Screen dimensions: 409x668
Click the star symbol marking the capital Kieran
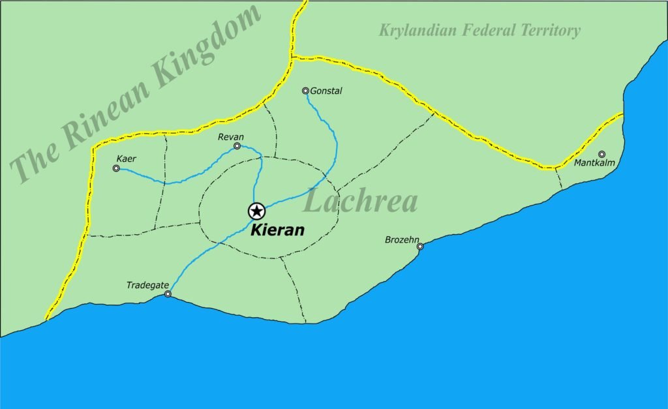click(x=256, y=211)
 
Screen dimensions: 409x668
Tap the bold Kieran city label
click(x=279, y=230)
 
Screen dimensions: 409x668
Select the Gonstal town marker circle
click(x=305, y=91)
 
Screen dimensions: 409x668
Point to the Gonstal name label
click(x=327, y=91)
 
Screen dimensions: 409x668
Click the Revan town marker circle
click(x=237, y=146)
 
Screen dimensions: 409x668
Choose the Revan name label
click(x=232, y=137)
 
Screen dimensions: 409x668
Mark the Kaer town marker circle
click(x=116, y=168)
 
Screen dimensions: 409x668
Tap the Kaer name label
click(x=127, y=159)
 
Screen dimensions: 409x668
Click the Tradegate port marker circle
click(x=168, y=294)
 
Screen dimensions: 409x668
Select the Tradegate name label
click(x=148, y=285)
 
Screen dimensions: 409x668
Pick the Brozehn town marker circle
click(x=420, y=247)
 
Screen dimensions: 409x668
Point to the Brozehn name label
click(x=402, y=240)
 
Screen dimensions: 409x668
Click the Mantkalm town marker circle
click(x=601, y=154)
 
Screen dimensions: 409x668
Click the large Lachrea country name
click(x=361, y=202)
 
